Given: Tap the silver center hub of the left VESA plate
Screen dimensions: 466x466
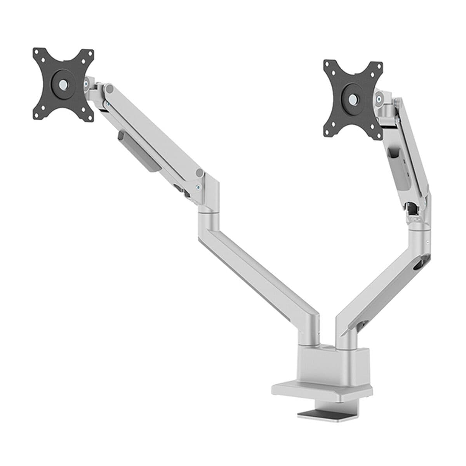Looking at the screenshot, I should [x=63, y=83].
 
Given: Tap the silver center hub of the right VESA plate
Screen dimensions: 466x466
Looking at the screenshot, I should [x=353, y=99].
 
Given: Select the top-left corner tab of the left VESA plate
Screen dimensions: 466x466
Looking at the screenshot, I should [x=38, y=53].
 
